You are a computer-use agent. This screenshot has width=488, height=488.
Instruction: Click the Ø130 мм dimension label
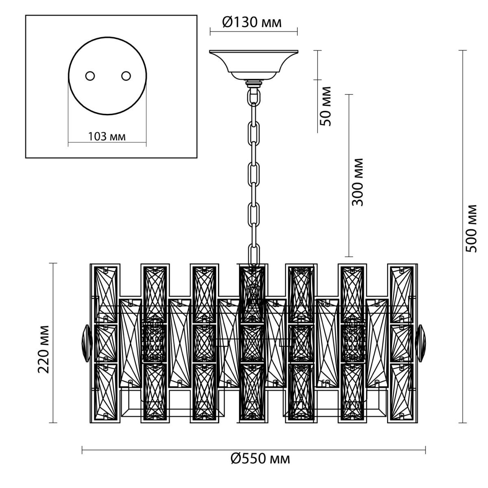point(252,22)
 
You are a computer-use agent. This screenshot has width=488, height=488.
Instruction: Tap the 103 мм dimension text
point(107,137)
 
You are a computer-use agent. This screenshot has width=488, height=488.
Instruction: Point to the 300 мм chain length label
point(358,182)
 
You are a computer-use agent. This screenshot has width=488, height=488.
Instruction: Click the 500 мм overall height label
point(471,228)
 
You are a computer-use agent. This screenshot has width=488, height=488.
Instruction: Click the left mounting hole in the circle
point(90,76)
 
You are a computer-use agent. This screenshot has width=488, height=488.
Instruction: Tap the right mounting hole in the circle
point(126,76)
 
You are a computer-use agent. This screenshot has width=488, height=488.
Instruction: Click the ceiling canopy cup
point(253,64)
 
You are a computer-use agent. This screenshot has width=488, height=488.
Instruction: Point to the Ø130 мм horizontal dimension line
point(253,32)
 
